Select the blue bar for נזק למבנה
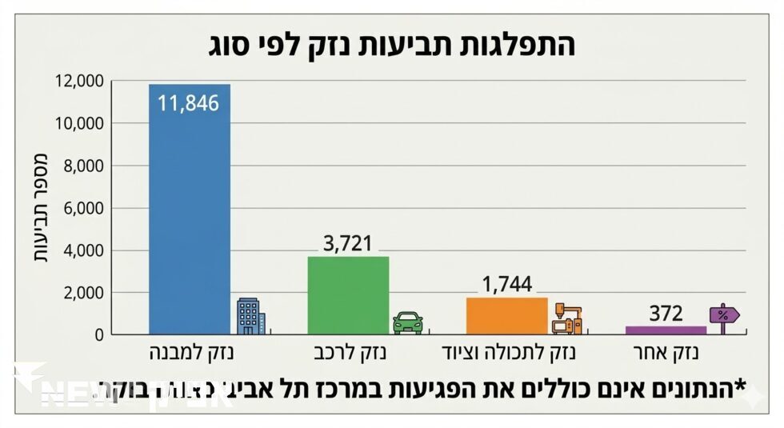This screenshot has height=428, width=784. [190, 216]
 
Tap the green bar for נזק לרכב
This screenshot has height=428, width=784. [348, 295]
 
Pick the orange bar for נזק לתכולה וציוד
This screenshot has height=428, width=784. [506, 315]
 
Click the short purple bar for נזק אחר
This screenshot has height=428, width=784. [666, 330]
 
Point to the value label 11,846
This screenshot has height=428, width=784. [189, 103]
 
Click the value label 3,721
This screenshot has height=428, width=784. [348, 243]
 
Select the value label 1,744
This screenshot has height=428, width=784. [506, 284]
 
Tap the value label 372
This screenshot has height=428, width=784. [666, 314]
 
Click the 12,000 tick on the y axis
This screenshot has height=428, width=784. [80, 81]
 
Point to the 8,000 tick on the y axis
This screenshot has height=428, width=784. [84, 166]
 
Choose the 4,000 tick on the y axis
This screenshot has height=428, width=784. [84, 250]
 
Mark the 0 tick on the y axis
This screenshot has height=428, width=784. [98, 334]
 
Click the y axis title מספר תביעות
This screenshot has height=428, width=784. [40, 208]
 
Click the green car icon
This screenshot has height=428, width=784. [407, 322]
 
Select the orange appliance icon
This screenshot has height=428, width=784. [567, 318]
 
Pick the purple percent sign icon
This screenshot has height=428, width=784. [723, 314]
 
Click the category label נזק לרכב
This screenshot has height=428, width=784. [348, 353]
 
